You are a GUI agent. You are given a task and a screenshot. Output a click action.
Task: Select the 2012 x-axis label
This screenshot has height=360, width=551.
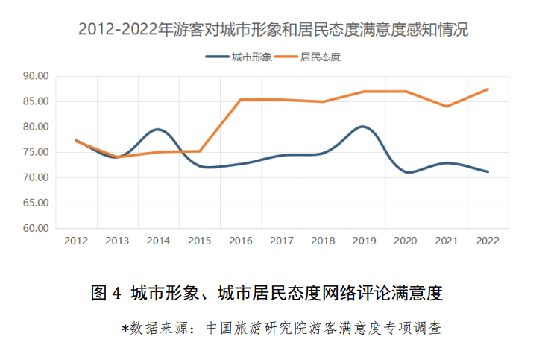(x=76, y=241)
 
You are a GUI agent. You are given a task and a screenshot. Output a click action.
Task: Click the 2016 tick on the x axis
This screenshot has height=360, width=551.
(x=241, y=241)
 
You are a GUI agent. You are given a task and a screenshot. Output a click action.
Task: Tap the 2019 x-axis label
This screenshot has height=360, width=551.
(x=364, y=241)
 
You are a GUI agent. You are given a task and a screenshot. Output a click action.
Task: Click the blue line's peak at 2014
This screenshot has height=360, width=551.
(x=158, y=129)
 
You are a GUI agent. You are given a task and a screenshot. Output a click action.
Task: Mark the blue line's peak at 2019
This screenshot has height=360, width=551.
(x=363, y=127)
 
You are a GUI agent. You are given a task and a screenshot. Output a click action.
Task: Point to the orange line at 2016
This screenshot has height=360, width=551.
(x=241, y=99)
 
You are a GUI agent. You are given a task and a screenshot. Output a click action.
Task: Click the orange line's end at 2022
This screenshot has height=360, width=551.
(x=488, y=89)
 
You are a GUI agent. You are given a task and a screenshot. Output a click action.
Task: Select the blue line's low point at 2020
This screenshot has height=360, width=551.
(x=407, y=172)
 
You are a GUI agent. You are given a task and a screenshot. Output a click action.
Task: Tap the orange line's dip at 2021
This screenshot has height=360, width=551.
(x=446, y=107)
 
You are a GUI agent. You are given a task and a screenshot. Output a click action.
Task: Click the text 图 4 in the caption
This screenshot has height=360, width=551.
(x=106, y=293)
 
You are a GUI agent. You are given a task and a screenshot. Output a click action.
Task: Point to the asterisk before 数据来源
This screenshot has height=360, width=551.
(x=125, y=327)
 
